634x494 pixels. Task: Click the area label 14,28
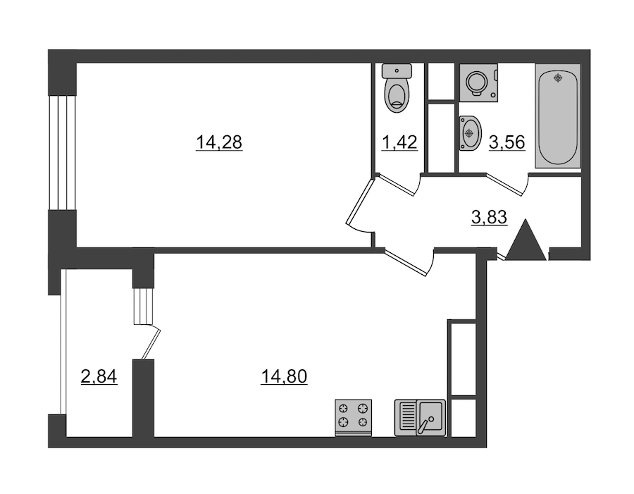(x=219, y=142)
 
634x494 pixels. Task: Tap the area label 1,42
(x=399, y=142)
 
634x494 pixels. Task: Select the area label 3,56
(x=507, y=142)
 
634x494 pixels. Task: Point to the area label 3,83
(x=490, y=217)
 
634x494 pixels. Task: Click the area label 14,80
(x=284, y=377)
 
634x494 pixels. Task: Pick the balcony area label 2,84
(x=99, y=377)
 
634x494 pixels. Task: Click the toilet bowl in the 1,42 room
(x=397, y=95)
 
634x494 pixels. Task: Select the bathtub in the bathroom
(x=558, y=116)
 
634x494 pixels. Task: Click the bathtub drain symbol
(x=559, y=78)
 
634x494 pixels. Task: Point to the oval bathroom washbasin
(x=470, y=133)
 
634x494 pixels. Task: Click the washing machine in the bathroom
(x=479, y=82)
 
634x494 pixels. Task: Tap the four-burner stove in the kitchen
(x=354, y=417)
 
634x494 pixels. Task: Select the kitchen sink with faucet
(x=420, y=418)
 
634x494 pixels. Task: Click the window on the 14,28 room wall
(x=62, y=152)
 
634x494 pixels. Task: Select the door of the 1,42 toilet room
(x=397, y=185)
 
